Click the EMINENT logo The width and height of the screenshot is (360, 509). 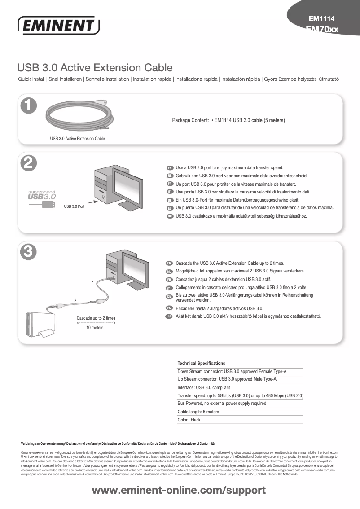[58, 26]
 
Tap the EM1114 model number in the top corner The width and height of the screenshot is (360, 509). [321, 19]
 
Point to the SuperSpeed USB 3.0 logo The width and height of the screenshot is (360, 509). [42, 196]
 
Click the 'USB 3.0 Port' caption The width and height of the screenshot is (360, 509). [75, 206]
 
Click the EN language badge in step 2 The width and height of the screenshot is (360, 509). [170, 167]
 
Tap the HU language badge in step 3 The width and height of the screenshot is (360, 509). [170, 316]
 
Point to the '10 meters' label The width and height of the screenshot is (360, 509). [95, 328]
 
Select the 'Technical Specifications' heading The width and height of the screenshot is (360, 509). [202, 363]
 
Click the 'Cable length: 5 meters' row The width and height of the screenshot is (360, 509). [198, 412]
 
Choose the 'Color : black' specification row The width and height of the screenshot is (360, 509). [189, 420]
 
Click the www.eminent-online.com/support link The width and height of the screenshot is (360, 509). [179, 490]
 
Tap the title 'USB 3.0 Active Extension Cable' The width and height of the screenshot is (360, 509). [95, 68]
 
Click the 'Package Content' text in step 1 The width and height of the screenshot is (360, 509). [190, 120]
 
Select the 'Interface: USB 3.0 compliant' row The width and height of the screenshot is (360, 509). [204, 387]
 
